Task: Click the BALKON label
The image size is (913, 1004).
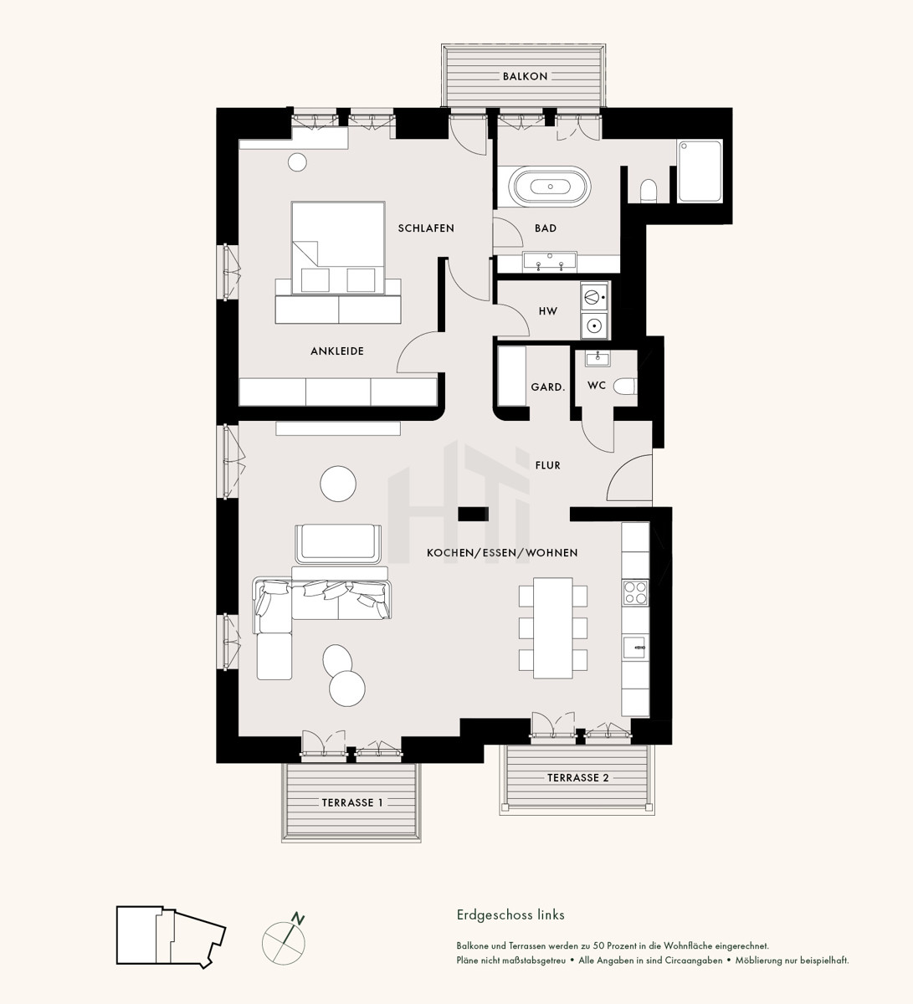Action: [x=525, y=76]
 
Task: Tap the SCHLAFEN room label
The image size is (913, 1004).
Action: [x=426, y=228]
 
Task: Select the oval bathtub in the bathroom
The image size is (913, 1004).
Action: [x=550, y=187]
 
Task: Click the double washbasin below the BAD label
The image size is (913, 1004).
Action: [x=550, y=261]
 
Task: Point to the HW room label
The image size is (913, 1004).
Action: [x=548, y=310]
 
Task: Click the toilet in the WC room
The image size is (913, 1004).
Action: [x=625, y=386]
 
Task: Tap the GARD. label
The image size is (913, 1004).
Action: [x=548, y=387]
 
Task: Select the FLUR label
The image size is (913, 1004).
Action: [x=548, y=465]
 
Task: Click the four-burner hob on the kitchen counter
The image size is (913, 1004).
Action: [x=635, y=592]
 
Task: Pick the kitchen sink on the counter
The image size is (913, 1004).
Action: [x=635, y=647]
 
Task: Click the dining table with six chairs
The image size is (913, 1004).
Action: [x=553, y=628]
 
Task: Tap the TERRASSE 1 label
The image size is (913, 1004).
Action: [x=352, y=803]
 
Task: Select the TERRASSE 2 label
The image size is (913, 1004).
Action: [x=578, y=778]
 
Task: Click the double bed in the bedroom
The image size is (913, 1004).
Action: [x=338, y=248]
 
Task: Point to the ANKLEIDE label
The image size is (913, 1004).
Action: [x=337, y=351]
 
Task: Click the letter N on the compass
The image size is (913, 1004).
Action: [x=298, y=919]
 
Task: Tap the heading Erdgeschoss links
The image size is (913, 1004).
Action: [x=510, y=915]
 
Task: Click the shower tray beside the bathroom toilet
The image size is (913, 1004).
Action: [x=700, y=172]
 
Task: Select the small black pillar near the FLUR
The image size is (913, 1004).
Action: [x=473, y=514]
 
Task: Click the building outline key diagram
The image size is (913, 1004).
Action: [x=171, y=936]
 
